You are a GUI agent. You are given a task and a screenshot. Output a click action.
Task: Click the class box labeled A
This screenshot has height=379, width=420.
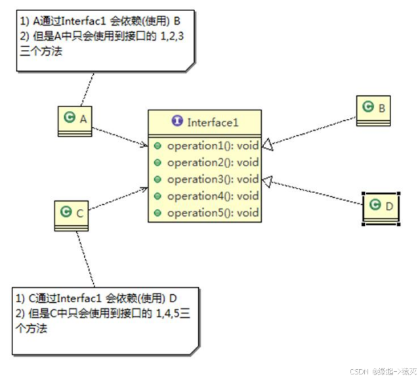click(75, 120)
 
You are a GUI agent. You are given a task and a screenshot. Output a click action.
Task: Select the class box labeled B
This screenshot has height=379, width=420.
click(375, 109)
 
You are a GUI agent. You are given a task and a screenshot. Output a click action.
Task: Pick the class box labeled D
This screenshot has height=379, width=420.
click(381, 207)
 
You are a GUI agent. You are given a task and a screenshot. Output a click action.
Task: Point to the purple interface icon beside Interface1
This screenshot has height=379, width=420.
click(177, 122)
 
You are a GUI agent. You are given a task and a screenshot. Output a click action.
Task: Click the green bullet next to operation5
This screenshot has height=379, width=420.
click(157, 213)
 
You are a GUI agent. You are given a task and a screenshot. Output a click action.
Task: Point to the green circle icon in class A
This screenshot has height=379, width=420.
click(69, 118)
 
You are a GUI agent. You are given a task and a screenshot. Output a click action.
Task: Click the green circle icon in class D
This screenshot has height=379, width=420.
click(375, 206)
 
